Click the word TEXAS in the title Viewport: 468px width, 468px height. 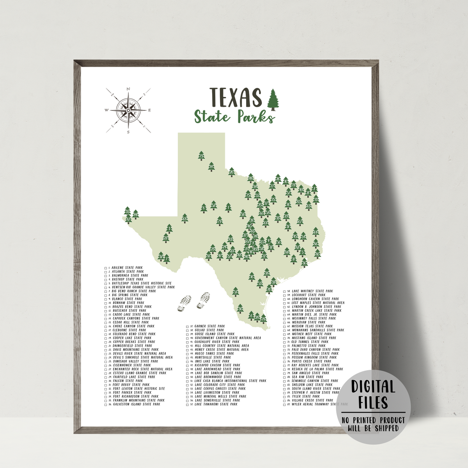[x=235, y=97]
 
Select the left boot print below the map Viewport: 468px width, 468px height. [x=184, y=303]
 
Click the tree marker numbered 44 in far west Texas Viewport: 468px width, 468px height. [x=136, y=214]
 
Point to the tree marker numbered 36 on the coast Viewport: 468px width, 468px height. [x=305, y=263]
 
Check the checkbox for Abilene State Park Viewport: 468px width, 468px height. [x=106, y=268]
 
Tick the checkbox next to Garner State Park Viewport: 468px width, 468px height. [x=188, y=326]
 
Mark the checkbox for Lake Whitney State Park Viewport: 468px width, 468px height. [x=285, y=291]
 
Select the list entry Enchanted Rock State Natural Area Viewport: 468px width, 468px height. [x=142, y=369]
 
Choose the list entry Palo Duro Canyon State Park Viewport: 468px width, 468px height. [x=316, y=350]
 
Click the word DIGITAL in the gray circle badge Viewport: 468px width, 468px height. [x=373, y=387]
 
